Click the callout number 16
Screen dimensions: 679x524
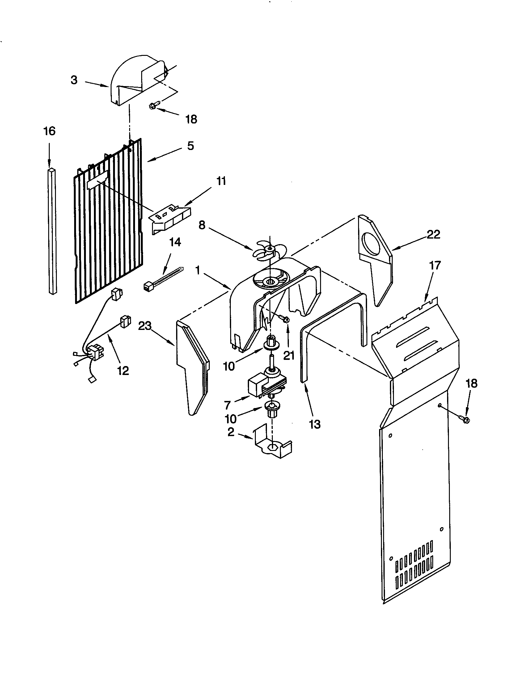49,131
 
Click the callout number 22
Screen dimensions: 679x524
433,235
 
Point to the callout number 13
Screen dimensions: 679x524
315,424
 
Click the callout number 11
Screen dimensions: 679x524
221,181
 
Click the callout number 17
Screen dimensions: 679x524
435,265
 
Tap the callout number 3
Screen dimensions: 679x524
74,80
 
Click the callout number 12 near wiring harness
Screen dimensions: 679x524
123,370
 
